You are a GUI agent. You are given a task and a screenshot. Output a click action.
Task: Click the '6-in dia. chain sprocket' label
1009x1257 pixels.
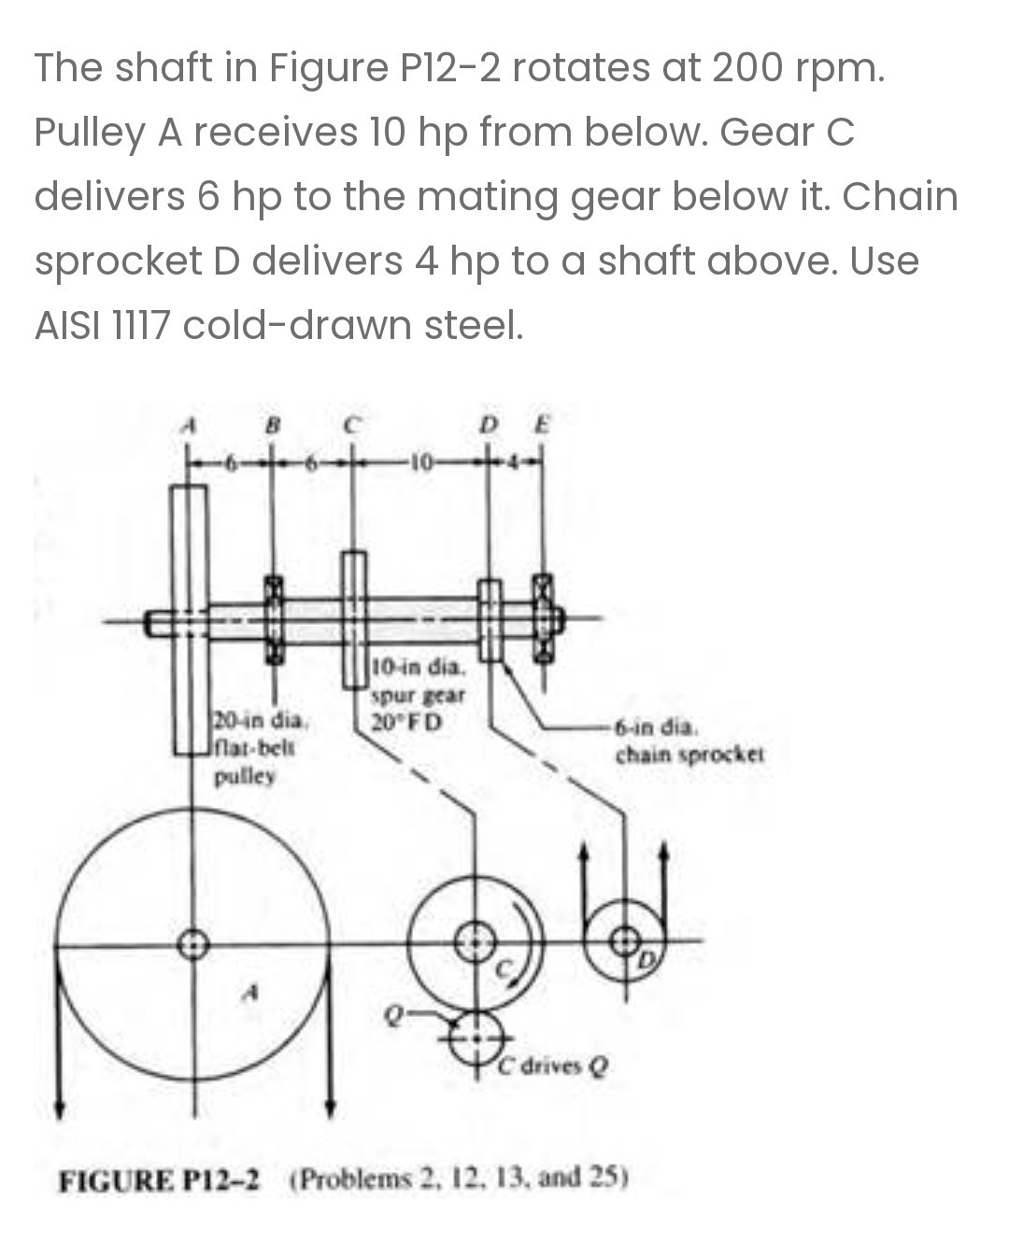(689, 740)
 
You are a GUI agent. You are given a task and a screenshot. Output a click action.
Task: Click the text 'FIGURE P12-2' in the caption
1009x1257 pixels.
(162, 1179)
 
